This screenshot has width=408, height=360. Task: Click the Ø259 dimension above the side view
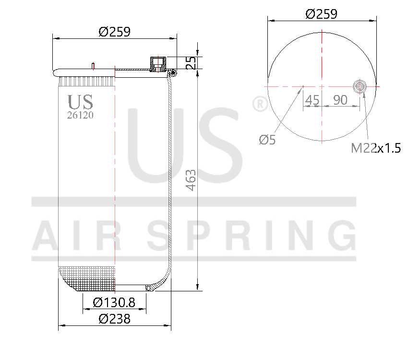point(115,32)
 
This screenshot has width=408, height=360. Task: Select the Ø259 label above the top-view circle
point(322,14)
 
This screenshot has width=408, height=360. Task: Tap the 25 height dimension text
point(191,63)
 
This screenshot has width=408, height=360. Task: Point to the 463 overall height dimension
point(191,180)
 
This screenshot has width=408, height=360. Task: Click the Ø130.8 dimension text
point(114,302)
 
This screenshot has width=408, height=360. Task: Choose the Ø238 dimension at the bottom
point(114,319)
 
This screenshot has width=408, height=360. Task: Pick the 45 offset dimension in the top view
point(312,100)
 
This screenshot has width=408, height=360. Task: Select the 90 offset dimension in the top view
point(340,100)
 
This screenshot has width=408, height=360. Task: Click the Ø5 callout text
point(267,140)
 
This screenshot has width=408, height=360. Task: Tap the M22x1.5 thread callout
point(375,148)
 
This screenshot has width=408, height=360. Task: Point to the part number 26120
point(80,115)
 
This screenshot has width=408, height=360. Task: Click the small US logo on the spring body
point(80,102)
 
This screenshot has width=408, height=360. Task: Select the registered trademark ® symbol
point(260,104)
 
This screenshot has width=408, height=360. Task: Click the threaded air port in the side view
point(157,63)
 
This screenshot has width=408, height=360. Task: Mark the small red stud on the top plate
point(93,66)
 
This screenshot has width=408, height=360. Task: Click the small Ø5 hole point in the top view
point(303,87)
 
